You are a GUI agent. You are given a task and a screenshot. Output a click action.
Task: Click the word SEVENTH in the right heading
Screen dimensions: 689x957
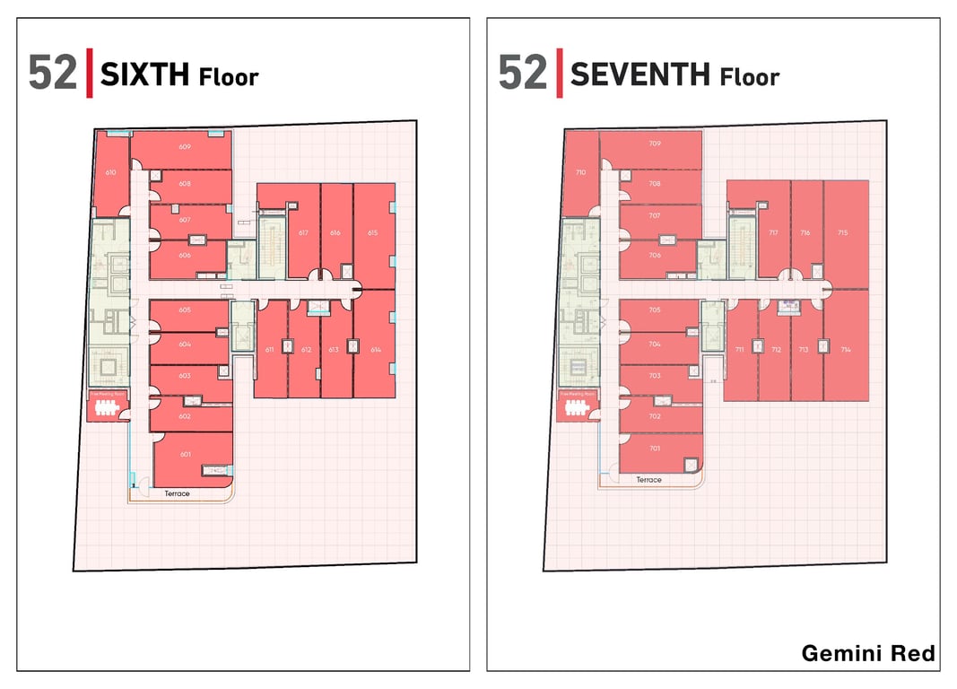click(640, 74)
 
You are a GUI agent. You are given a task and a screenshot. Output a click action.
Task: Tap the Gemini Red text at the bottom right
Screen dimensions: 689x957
click(867, 653)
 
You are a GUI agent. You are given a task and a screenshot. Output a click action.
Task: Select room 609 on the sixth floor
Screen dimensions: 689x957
click(185, 146)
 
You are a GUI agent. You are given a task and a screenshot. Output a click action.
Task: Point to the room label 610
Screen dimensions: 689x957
click(110, 172)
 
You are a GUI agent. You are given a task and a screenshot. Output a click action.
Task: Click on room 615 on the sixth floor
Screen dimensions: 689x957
click(373, 233)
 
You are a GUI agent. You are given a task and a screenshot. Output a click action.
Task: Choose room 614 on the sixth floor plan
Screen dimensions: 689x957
click(375, 349)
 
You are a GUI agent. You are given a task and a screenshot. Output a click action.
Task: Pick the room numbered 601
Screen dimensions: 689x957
click(186, 454)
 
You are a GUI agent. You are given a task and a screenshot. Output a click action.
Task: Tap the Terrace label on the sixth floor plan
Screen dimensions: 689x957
click(177, 493)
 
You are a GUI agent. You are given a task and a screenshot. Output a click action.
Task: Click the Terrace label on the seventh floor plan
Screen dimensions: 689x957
click(648, 480)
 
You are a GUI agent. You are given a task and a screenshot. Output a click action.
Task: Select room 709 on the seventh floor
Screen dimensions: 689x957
click(655, 144)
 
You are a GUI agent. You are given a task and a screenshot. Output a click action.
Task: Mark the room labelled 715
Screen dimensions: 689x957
click(842, 232)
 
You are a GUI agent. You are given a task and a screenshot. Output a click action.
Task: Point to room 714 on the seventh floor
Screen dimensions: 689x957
click(846, 349)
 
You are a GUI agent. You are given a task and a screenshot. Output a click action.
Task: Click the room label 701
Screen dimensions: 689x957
click(655, 448)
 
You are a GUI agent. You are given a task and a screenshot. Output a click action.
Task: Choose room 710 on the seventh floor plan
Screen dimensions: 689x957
click(580, 171)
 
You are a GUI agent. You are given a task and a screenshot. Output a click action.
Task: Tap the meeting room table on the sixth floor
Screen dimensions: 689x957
click(106, 409)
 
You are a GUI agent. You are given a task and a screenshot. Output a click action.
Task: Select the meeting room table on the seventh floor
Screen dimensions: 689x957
click(576, 409)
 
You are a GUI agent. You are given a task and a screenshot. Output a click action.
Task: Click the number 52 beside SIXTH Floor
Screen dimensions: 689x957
click(52, 74)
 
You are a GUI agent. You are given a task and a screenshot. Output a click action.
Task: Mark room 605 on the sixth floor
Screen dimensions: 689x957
click(185, 310)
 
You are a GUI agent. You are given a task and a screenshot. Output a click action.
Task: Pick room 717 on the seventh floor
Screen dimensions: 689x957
click(773, 232)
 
